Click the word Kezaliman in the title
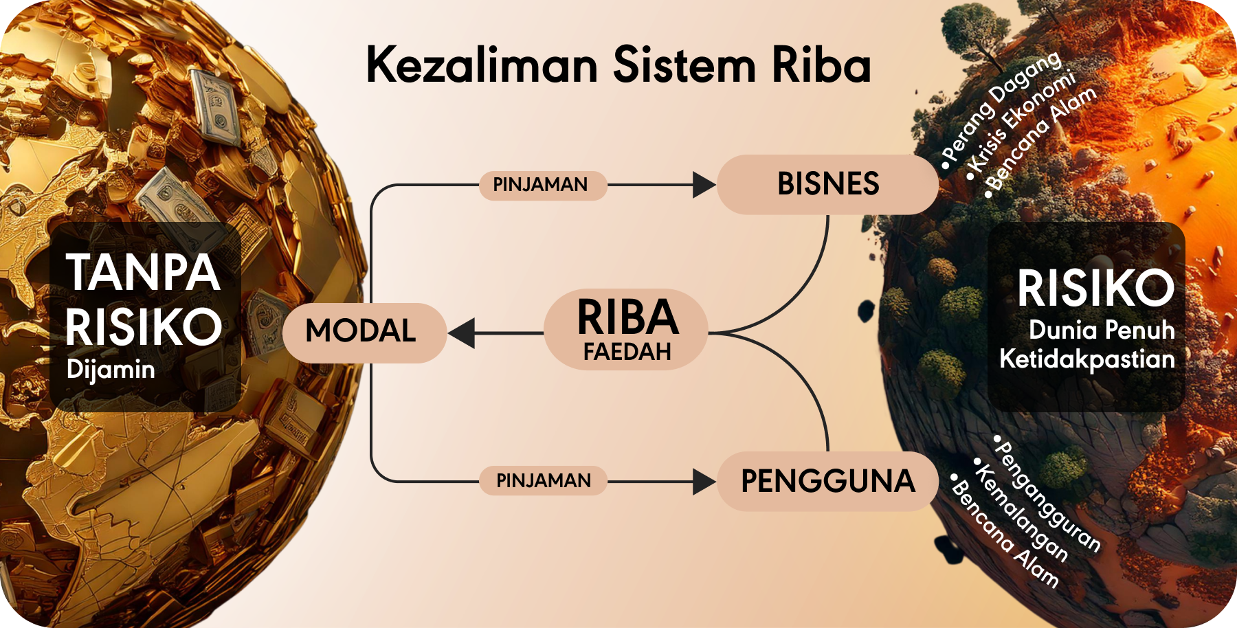482,65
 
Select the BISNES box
827,184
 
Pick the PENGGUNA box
827,481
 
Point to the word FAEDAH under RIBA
627,352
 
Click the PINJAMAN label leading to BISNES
541,185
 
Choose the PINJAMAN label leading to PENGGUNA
544,480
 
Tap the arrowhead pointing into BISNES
704,185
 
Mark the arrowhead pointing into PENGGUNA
704,482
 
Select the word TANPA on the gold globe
143,273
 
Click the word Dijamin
111,370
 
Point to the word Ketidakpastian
1086,359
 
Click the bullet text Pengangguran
1048,495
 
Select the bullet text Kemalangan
1022,513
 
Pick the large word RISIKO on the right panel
1095,289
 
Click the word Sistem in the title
684,65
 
